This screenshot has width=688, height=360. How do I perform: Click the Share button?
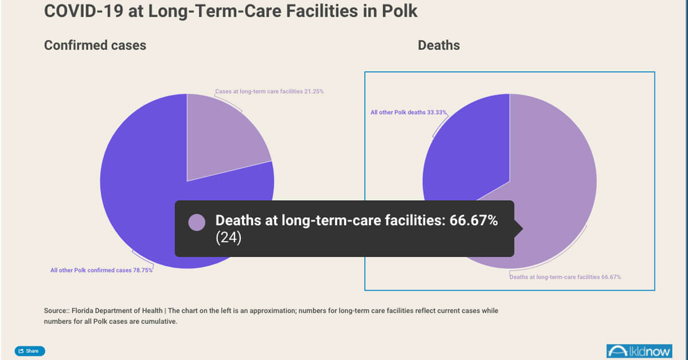[x=29, y=351]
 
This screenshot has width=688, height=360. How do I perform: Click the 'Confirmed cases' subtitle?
[x=95, y=45]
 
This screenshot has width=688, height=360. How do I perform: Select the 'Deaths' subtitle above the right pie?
[x=439, y=45]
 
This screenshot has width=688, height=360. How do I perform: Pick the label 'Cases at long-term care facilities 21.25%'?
[x=269, y=91]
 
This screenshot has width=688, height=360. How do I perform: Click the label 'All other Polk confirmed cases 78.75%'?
[x=101, y=270]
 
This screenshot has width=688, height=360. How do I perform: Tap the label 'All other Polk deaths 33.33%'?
[x=409, y=112]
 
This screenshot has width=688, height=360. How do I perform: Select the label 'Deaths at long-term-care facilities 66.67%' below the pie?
[x=565, y=277]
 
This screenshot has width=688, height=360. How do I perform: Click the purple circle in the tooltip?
[x=197, y=222]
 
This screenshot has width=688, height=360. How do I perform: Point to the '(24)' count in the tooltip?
[x=229, y=238]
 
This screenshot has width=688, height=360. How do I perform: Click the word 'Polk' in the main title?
[x=401, y=11]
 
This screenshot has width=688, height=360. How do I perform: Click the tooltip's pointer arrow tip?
[x=522, y=229]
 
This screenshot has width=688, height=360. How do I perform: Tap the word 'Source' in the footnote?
[x=54, y=311]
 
